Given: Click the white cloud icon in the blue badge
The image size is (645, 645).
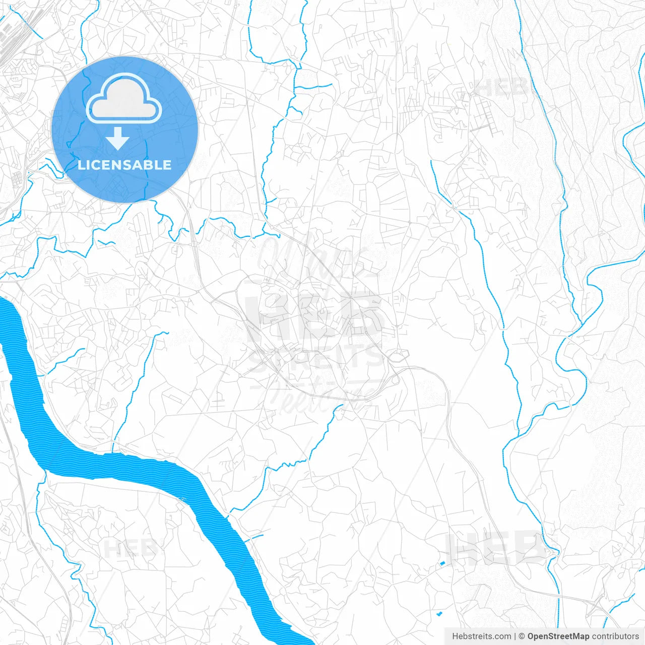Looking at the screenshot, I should point(124,98).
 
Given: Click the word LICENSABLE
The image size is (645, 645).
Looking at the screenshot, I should point(124,165).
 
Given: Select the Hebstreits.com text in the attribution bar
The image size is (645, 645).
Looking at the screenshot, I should point(481,636).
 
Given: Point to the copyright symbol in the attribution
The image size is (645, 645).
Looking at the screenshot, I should point(522,636).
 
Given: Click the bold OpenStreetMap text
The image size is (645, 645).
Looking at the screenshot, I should point(558,636).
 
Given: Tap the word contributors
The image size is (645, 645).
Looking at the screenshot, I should point(615,636).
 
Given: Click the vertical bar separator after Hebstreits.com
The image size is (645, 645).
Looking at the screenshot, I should point(515,636).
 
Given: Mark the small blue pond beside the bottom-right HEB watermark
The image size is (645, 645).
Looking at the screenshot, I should point(442,563).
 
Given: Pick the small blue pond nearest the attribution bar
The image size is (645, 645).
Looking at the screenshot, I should point(439,613).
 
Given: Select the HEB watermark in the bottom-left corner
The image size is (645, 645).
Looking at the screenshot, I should point(129,548).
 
